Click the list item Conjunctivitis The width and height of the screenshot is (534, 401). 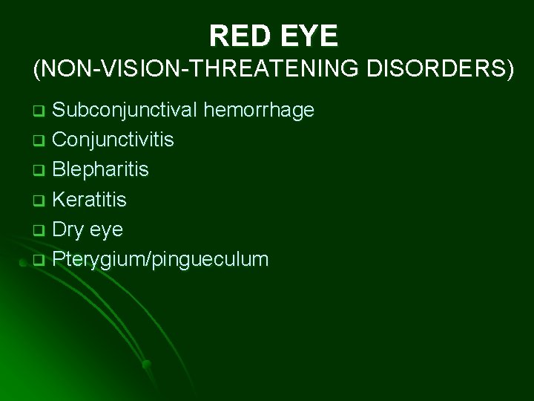coord(113,140)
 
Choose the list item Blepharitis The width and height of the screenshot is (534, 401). coord(100,170)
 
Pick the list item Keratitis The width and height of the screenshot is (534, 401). coord(90,200)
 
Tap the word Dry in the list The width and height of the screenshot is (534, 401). coord(68,229)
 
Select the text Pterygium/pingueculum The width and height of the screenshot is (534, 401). coord(160,260)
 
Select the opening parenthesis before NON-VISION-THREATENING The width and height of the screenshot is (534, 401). coord(37,70)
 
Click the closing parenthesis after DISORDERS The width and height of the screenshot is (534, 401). coord(509,70)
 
